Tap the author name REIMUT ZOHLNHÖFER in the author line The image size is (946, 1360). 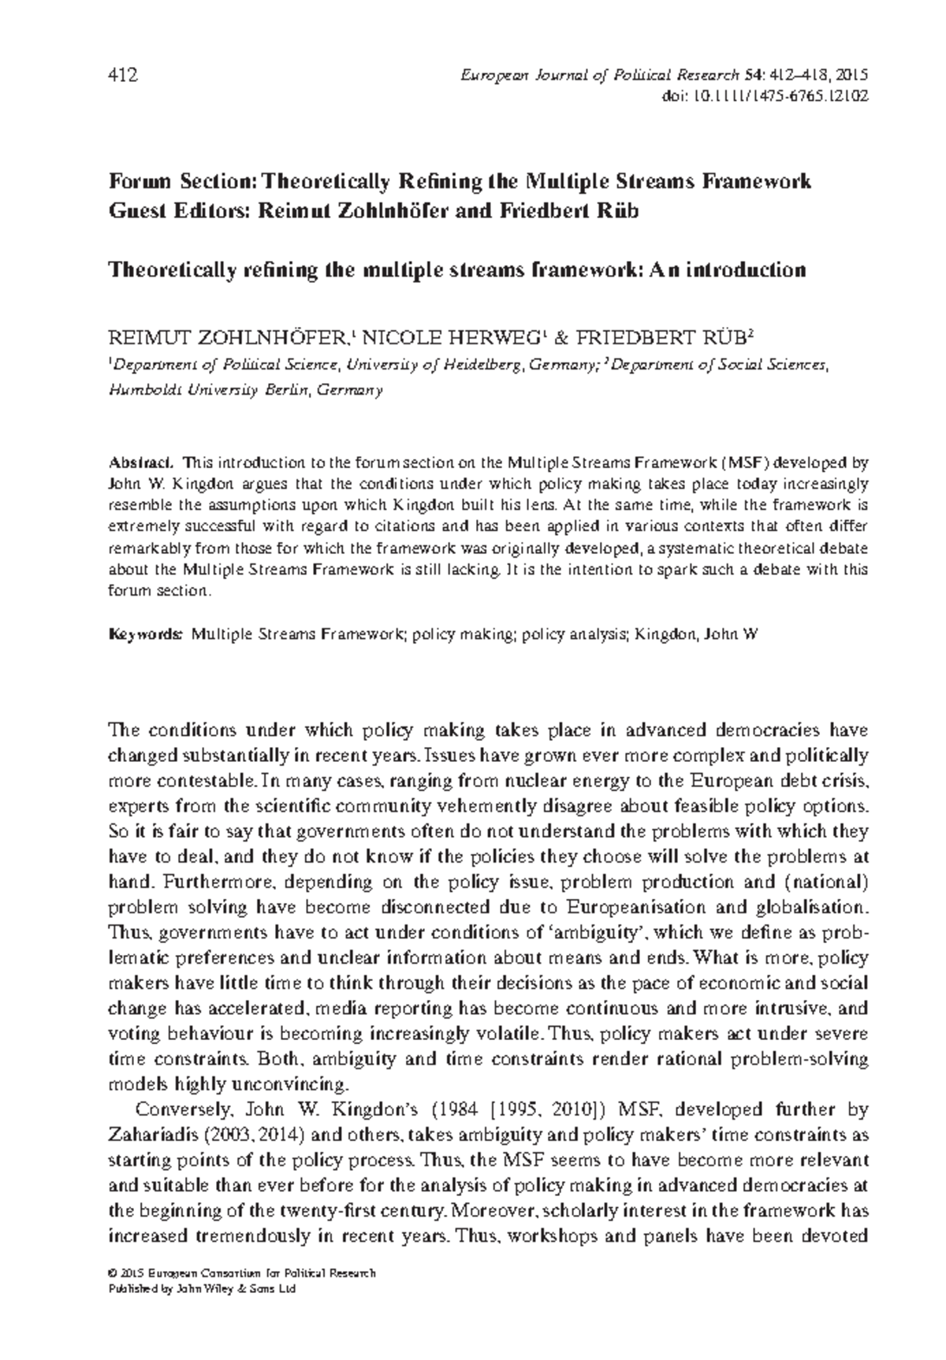point(226,340)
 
